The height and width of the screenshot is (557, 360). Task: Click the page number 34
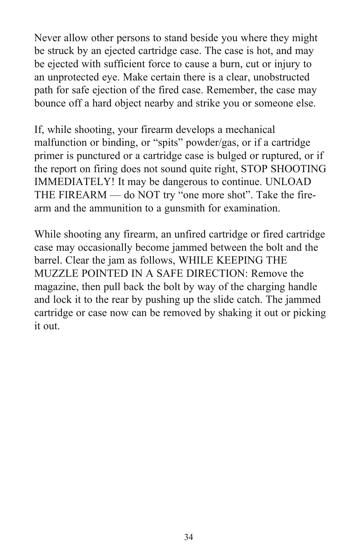189,537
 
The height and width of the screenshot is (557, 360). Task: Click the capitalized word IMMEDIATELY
74,182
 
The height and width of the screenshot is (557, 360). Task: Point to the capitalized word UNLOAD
288,182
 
